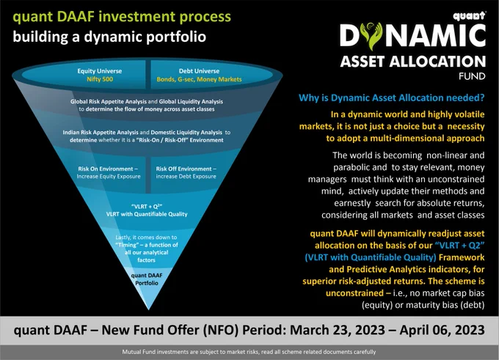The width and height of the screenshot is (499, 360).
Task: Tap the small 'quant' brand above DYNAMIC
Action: (x=470, y=16)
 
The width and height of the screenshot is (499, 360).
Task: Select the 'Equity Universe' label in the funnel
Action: (x=100, y=71)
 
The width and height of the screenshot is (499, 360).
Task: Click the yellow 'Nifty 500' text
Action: (x=100, y=79)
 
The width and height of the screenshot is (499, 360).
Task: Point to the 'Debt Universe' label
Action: (x=199, y=71)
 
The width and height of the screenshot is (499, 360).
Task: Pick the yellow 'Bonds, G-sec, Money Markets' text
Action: (x=199, y=79)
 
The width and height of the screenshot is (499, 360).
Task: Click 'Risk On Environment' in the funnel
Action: (x=106, y=169)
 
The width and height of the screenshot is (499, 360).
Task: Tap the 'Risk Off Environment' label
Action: (x=183, y=169)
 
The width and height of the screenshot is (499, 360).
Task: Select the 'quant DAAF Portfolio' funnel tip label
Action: (x=147, y=279)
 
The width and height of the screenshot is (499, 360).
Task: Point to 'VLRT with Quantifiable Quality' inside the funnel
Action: (x=147, y=214)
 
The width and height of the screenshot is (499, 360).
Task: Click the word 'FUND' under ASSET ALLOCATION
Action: (x=472, y=76)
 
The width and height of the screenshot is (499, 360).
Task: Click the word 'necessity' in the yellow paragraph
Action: (x=466, y=127)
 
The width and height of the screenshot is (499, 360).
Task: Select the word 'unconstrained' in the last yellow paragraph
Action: (x=354, y=293)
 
